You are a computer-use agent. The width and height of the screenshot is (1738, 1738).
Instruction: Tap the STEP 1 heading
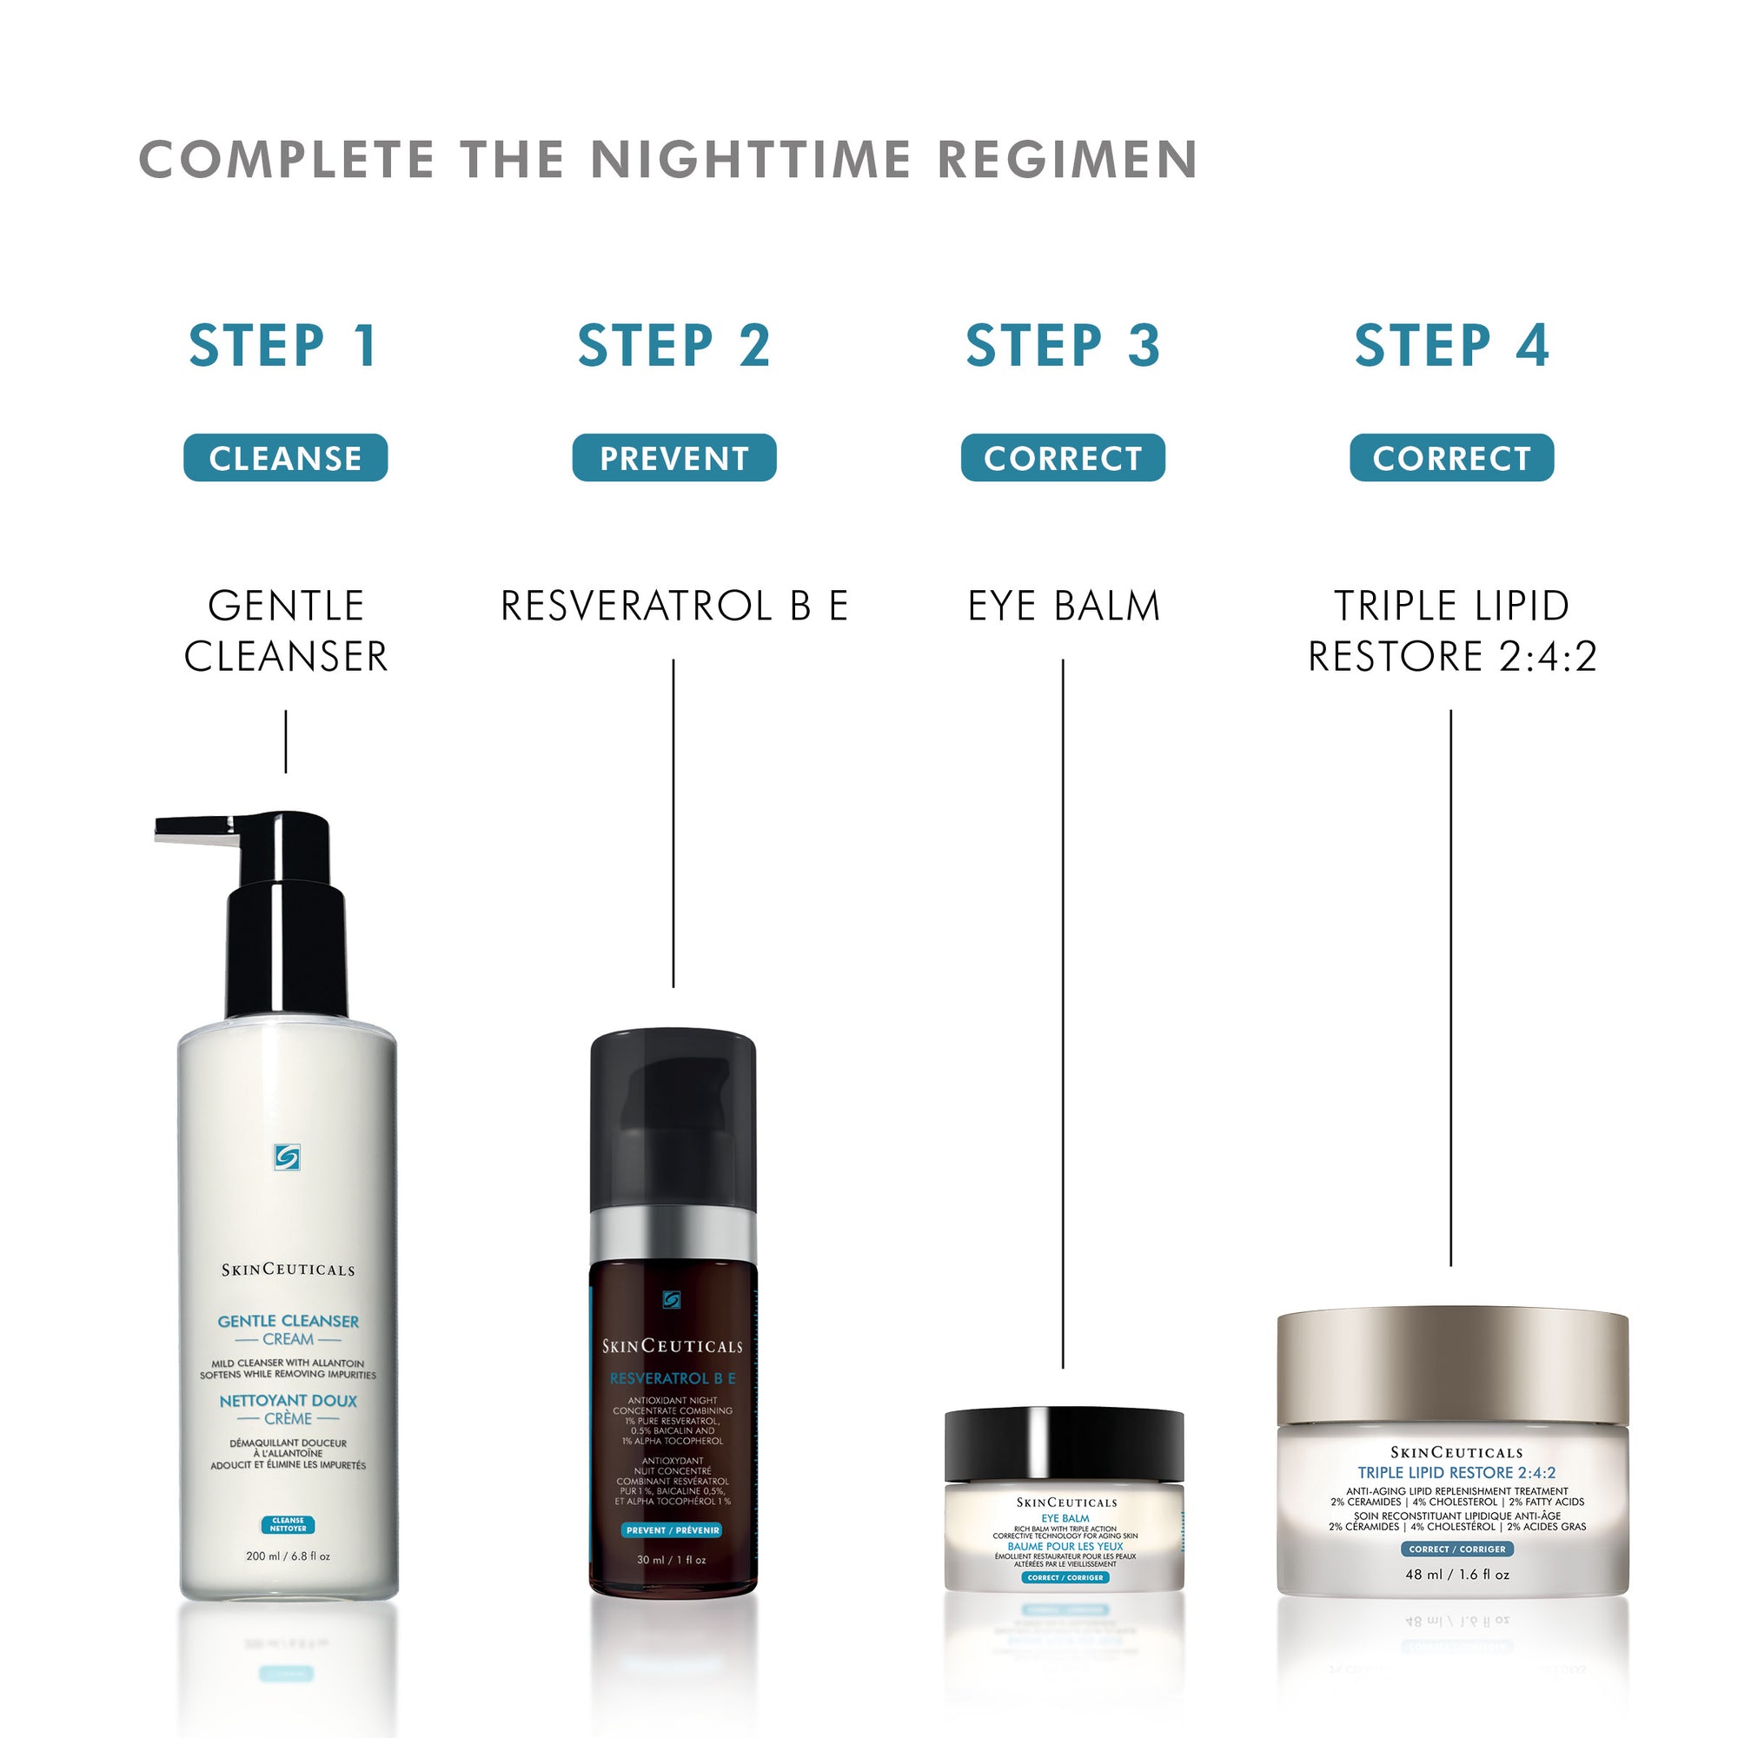click(x=283, y=346)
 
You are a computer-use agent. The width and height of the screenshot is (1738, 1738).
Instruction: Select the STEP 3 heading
click(x=1063, y=346)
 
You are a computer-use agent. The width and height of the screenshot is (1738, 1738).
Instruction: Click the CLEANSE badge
click(x=285, y=458)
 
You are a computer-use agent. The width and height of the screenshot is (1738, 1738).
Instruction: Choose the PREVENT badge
click(x=673, y=458)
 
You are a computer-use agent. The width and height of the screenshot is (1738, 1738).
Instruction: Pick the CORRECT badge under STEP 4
click(x=1451, y=458)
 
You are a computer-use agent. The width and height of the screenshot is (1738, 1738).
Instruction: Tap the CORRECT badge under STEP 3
click(x=1063, y=458)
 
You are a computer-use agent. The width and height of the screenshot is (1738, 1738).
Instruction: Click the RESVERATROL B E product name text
click(x=673, y=606)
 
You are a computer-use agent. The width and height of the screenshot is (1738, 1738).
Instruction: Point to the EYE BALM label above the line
click(x=1064, y=606)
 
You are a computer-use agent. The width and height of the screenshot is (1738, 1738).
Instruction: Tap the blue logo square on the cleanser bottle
click(x=287, y=1157)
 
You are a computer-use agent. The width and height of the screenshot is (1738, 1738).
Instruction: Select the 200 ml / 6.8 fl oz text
click(x=288, y=1556)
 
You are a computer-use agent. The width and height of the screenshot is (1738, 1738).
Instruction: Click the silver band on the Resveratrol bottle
click(x=673, y=1235)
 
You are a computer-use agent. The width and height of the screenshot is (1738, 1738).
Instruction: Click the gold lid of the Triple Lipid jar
click(x=1452, y=1366)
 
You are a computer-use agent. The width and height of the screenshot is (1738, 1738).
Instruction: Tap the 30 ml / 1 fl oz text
click(x=671, y=1559)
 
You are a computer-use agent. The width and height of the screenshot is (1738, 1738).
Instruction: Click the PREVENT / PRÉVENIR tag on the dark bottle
click(x=672, y=1529)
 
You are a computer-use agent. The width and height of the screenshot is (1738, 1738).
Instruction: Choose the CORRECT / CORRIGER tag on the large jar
click(x=1456, y=1549)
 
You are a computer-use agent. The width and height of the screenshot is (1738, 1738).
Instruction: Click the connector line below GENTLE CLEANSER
click(x=286, y=741)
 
